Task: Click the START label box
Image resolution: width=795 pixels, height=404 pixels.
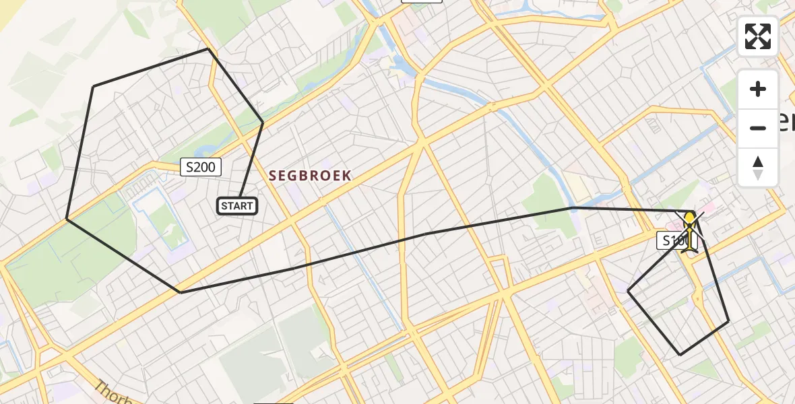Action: click(237, 206)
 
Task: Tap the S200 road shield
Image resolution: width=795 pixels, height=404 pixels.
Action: click(201, 167)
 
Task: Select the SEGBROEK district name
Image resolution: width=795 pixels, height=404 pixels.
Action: click(310, 176)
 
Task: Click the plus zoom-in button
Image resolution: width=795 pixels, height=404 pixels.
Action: click(758, 90)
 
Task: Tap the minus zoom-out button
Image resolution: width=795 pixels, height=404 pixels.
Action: click(758, 128)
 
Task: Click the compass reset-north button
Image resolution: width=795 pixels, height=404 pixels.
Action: click(758, 167)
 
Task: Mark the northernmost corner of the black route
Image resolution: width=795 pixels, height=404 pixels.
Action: click(208, 49)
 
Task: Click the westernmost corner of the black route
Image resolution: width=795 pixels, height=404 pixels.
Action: click(67, 219)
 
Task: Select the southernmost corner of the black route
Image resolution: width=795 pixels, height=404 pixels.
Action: click(680, 355)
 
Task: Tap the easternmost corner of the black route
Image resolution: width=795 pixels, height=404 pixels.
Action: click(728, 321)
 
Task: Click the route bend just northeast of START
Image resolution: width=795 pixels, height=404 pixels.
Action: click(263, 123)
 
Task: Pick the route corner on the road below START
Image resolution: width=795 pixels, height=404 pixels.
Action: click(180, 292)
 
